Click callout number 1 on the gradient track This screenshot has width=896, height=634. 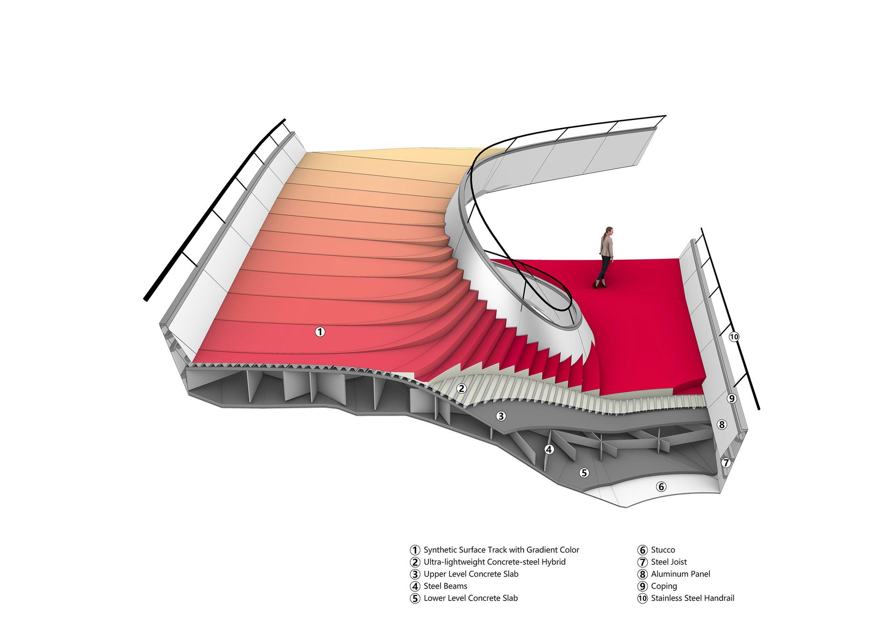[x=320, y=332]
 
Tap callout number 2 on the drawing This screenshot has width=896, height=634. [x=462, y=388]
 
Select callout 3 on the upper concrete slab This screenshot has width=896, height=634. [x=501, y=416]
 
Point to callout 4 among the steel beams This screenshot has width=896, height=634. [x=549, y=449]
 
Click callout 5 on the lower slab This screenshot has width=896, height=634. [x=584, y=473]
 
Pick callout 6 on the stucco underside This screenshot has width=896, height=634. [x=661, y=487]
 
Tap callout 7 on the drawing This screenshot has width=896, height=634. [x=726, y=463]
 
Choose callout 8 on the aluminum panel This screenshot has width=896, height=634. [x=722, y=425]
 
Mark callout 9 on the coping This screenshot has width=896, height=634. [x=732, y=399]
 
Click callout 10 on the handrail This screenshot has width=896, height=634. [x=734, y=337]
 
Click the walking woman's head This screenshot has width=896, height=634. [x=609, y=231]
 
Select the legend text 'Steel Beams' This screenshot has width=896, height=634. [x=445, y=586]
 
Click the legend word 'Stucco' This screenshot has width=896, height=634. [x=663, y=550]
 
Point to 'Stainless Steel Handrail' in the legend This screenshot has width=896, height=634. [x=693, y=598]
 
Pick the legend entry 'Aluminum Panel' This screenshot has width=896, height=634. [x=681, y=574]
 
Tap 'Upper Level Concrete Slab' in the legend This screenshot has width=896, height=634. [x=471, y=574]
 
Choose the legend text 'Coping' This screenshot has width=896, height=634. [x=664, y=586]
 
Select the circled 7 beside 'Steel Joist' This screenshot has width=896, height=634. [x=643, y=562]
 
